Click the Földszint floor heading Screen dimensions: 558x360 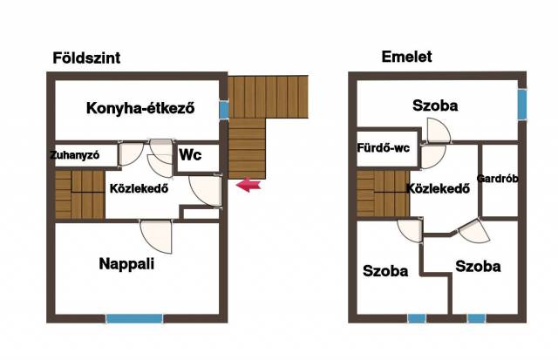tap(86, 58)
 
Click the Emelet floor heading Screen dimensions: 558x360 tap(407, 57)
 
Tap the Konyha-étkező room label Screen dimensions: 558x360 tap(140, 108)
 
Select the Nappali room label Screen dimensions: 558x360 tap(126, 264)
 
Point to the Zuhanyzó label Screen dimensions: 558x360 tap(74, 155)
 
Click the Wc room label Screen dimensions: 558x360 tap(190, 155)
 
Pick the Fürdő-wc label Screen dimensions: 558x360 tap(384, 147)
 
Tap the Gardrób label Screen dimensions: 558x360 tap(497, 178)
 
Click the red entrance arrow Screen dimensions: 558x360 tap(248, 185)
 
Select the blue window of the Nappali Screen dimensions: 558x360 tap(134, 318)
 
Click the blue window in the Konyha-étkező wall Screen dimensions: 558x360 tap(224, 110)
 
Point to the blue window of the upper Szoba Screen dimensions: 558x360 tap(522, 105)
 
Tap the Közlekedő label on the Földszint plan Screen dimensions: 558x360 tap(139, 188)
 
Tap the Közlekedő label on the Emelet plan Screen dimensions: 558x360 tap(438, 188)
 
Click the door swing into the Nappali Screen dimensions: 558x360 tap(156, 236)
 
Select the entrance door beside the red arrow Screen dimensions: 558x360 tap(206, 190)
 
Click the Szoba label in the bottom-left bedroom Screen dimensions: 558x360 tap(385, 271)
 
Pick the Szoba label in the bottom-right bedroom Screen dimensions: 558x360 tap(478, 267)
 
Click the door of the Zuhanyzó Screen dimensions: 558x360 tap(131, 154)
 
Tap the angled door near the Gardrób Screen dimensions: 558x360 tap(473, 232)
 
